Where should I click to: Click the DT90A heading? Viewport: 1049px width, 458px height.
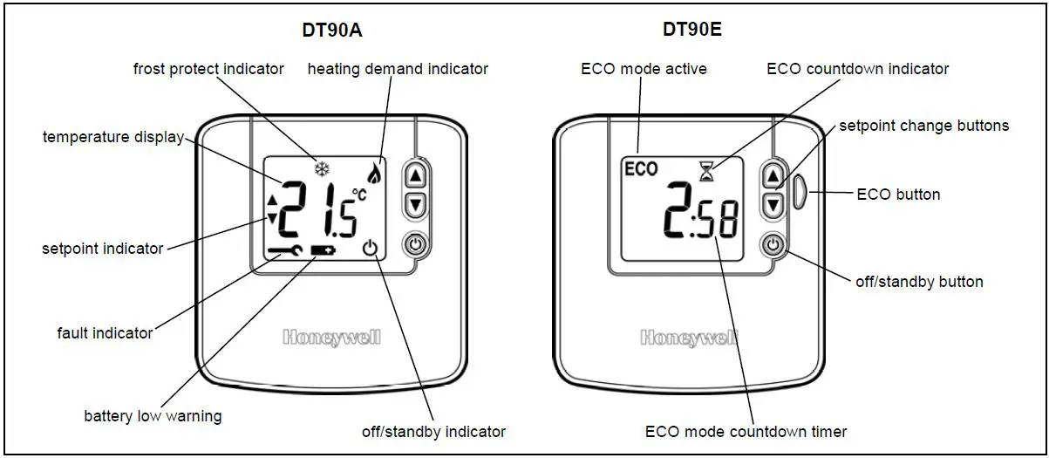331,31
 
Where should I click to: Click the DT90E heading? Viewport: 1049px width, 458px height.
692,31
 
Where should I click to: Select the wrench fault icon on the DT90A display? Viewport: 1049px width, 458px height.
285,250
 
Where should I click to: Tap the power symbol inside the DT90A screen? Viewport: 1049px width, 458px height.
371,250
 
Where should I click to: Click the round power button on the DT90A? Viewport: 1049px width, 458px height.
415,245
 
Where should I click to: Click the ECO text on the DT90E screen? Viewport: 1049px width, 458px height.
642,169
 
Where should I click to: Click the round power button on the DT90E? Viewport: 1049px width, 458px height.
773,245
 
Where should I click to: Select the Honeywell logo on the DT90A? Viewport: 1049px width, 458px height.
331,338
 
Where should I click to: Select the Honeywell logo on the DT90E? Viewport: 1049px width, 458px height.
689,338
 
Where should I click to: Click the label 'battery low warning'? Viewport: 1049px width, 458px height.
153,416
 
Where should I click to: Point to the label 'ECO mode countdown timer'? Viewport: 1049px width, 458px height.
746,431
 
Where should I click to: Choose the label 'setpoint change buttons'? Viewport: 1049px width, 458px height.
923,126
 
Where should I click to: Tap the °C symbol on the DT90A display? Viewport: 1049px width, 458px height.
358,195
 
